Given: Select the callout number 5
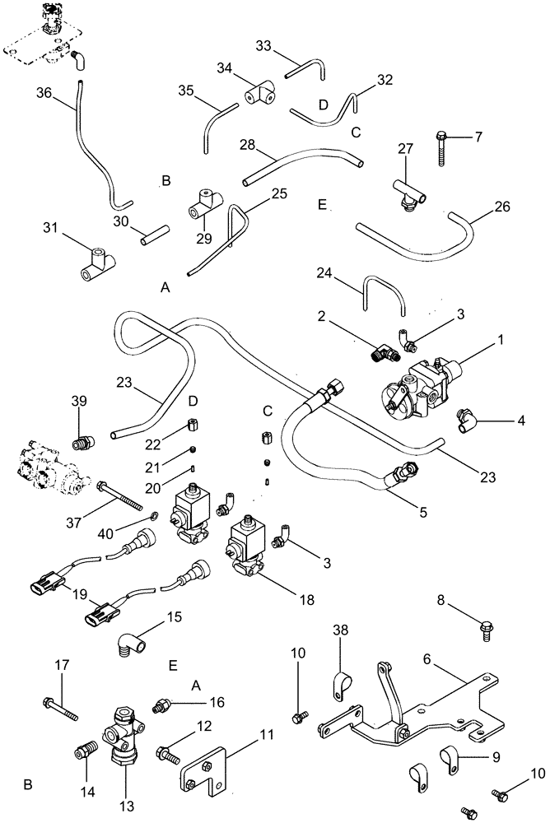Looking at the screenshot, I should [422, 511].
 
